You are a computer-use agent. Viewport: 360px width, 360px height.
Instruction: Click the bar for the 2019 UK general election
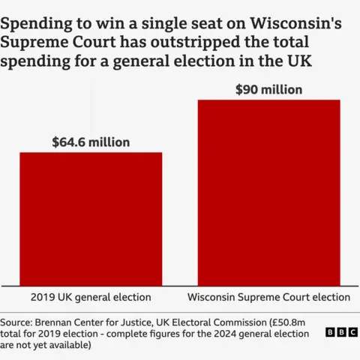91,217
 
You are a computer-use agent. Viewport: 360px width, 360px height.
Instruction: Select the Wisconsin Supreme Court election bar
268,191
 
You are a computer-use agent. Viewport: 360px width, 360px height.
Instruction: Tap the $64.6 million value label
91,142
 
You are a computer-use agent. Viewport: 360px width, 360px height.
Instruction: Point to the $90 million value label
268,90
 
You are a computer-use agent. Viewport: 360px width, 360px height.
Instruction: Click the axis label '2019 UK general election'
91,297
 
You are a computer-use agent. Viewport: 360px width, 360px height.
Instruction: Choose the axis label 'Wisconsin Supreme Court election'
268,297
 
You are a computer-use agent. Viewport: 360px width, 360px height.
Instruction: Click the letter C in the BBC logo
352,331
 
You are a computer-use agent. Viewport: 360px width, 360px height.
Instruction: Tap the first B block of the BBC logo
331,331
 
